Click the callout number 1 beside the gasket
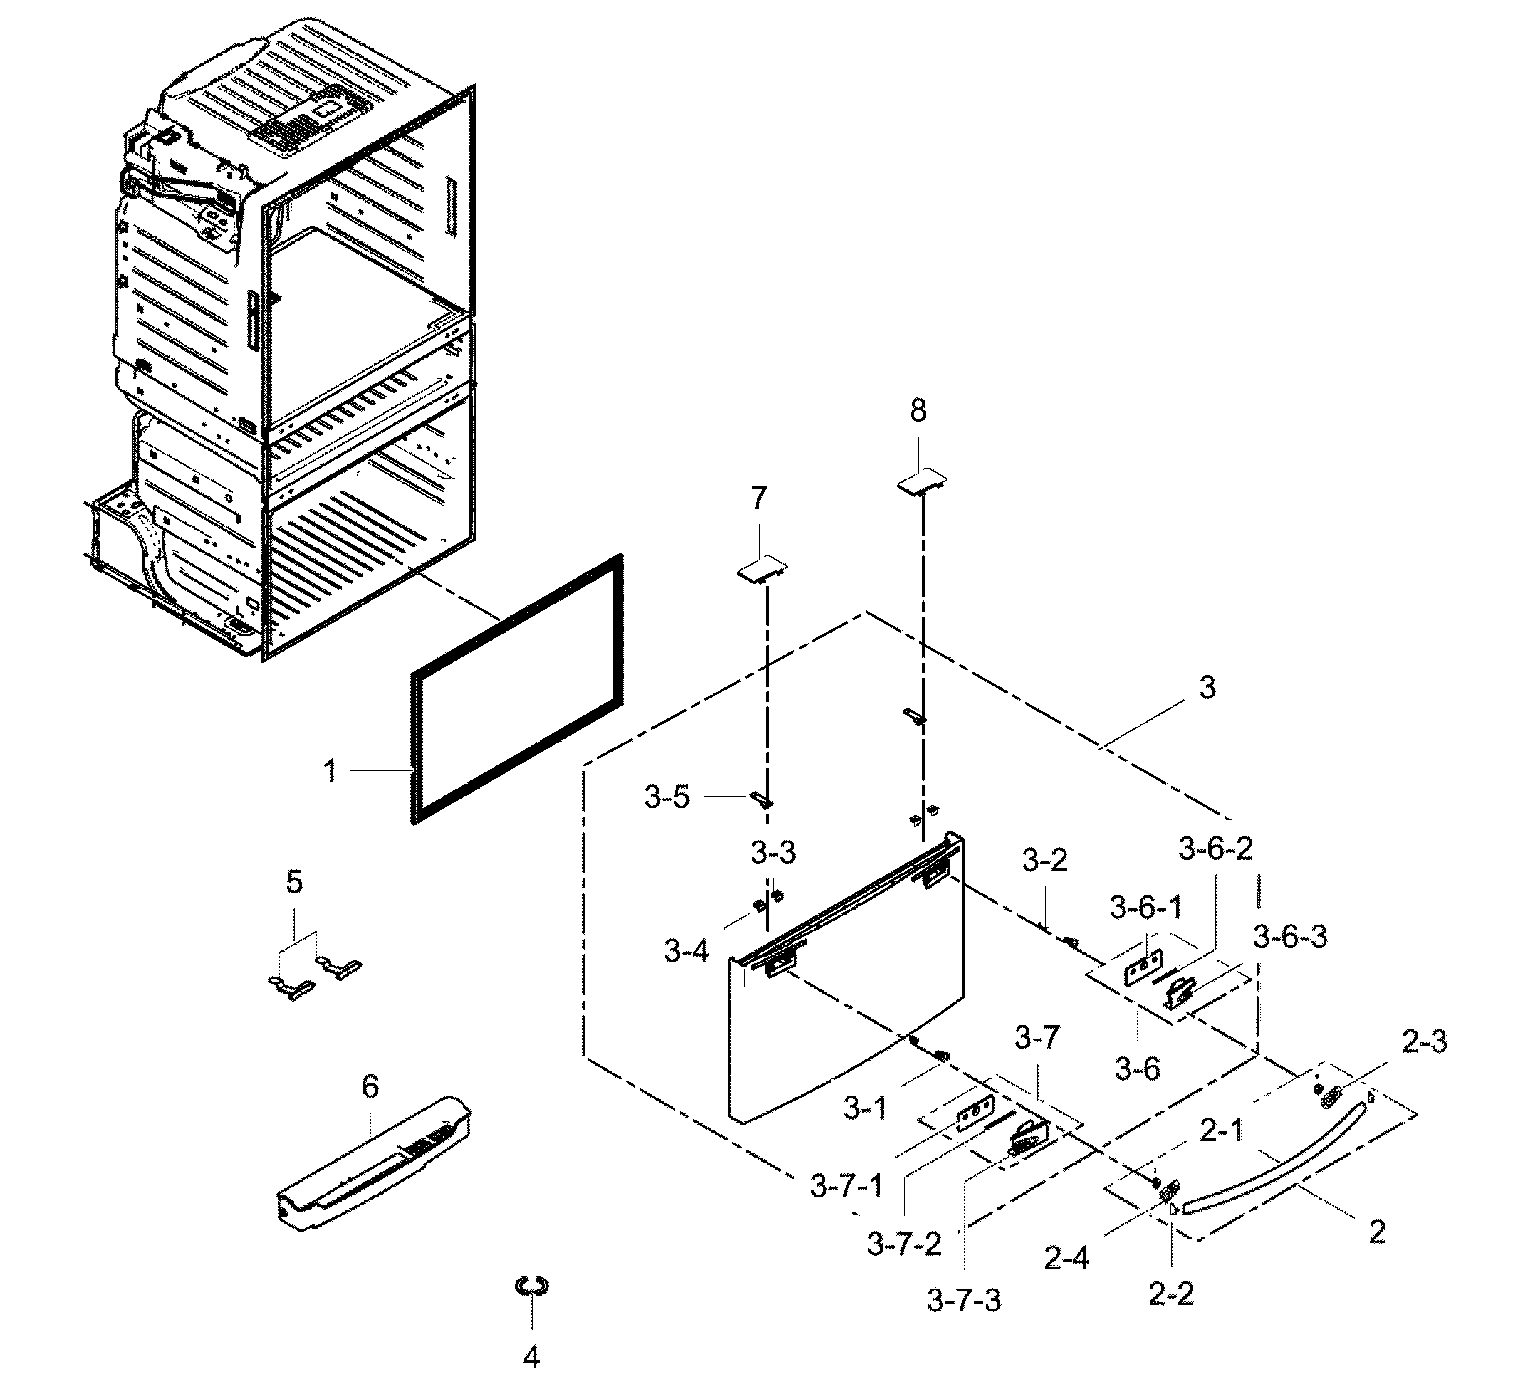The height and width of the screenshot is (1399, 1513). [330, 771]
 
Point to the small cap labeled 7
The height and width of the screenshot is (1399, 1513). [762, 568]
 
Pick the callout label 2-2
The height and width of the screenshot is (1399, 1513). [1171, 1294]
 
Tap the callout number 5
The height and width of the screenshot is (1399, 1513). [294, 882]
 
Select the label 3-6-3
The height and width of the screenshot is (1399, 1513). [1291, 937]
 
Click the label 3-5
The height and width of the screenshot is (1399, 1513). [667, 797]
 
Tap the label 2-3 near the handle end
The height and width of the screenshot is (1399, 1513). [1425, 1041]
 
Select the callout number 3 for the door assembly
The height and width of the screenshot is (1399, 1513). [1207, 687]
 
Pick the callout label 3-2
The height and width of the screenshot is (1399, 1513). [1044, 860]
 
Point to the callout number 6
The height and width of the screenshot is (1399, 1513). [370, 1087]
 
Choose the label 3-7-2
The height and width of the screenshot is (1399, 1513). [904, 1243]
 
